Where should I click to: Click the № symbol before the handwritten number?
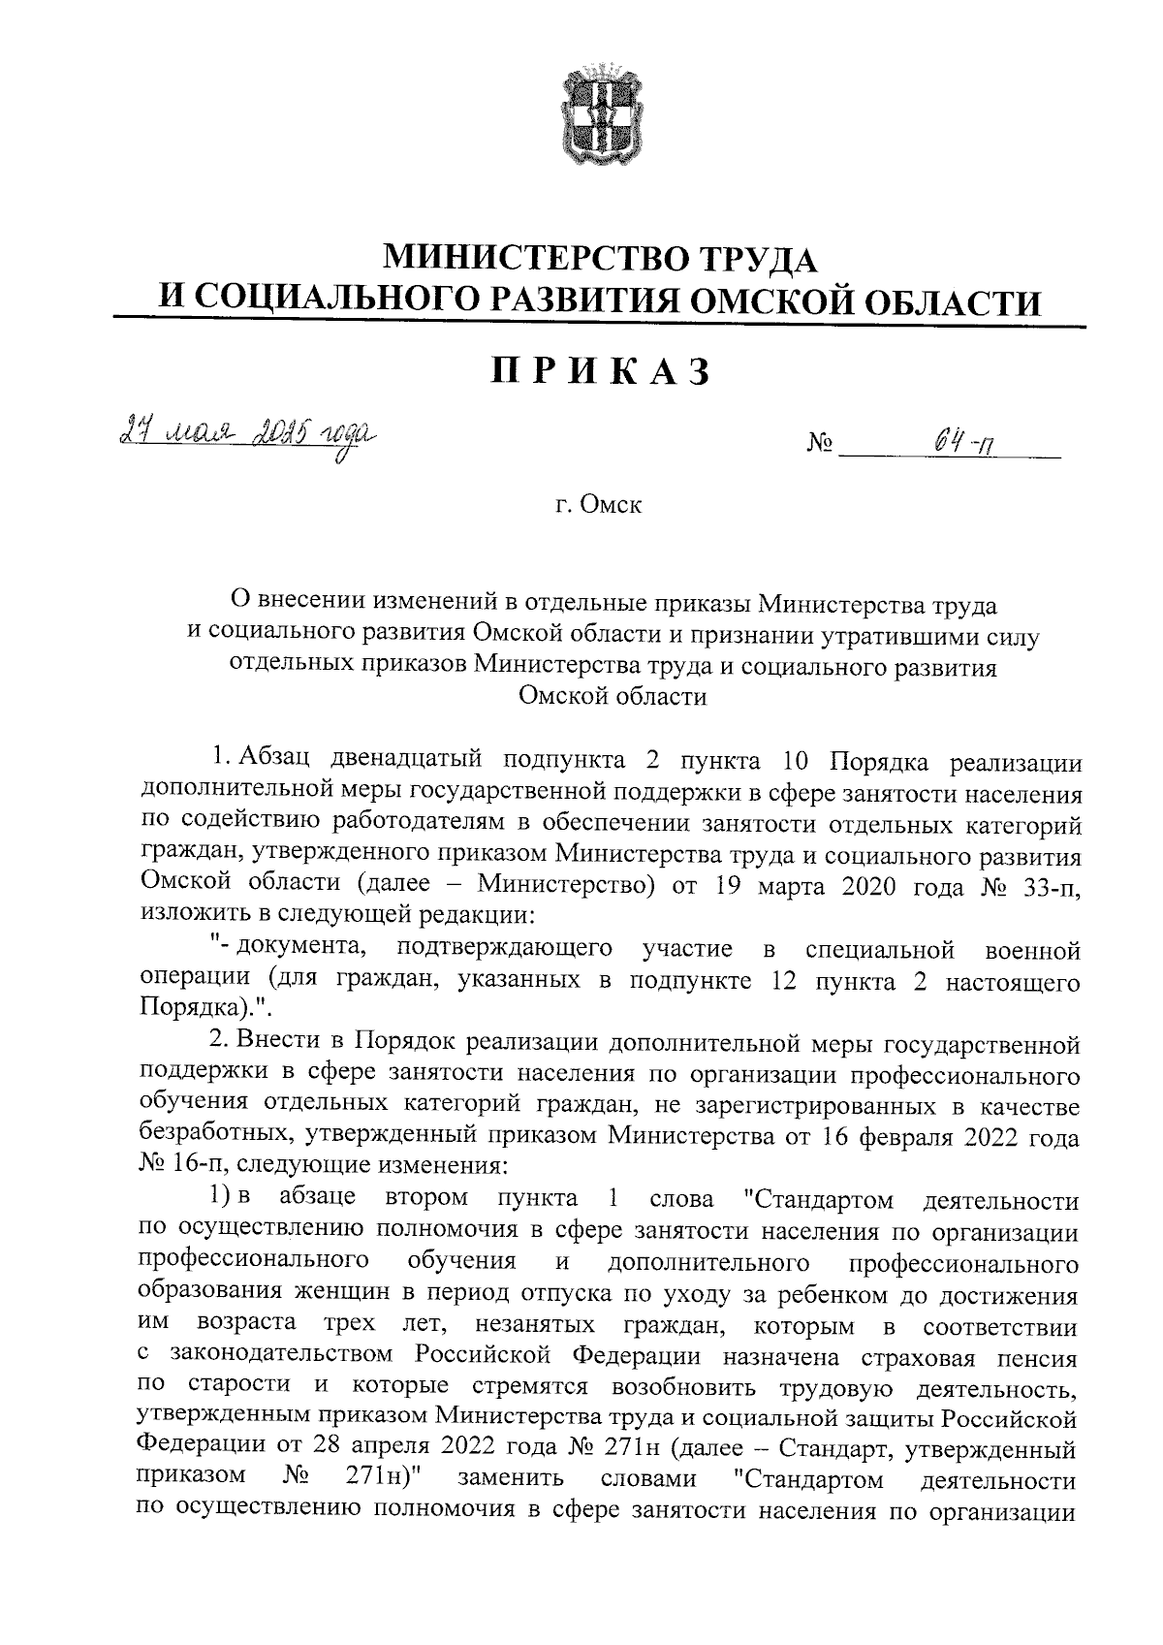[x=819, y=448]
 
